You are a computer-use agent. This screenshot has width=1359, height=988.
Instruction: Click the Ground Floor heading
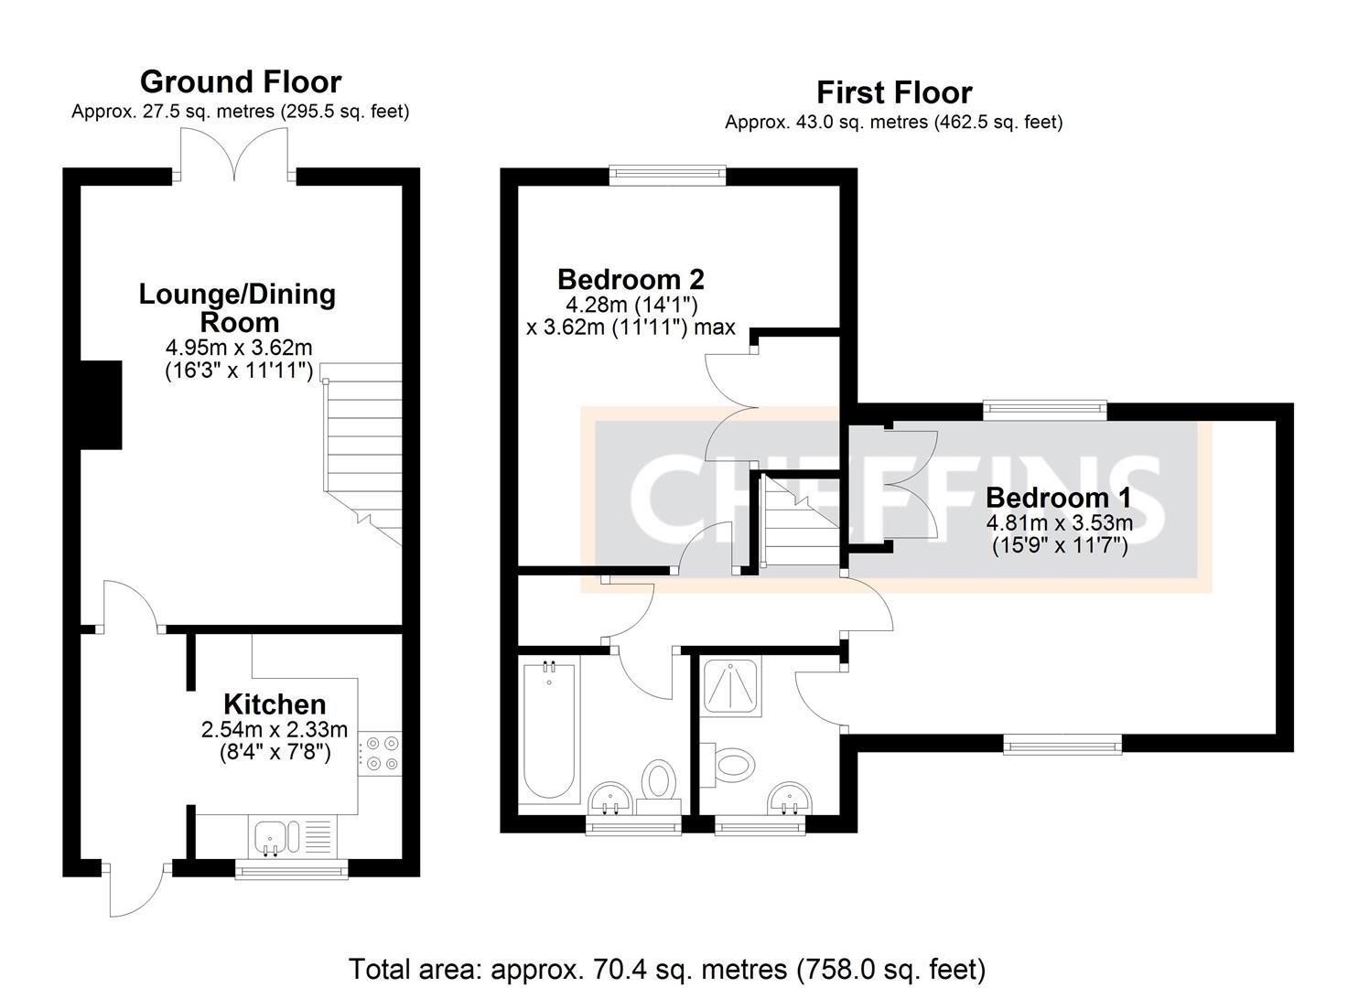click(x=241, y=82)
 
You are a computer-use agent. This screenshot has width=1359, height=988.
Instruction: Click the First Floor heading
click(x=894, y=92)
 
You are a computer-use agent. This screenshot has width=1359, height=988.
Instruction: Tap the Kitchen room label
click(x=275, y=704)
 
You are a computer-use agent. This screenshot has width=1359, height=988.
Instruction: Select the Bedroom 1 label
click(x=1058, y=499)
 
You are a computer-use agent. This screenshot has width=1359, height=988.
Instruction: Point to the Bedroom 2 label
click(x=631, y=279)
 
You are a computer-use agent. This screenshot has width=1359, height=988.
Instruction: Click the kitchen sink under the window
click(x=275, y=836)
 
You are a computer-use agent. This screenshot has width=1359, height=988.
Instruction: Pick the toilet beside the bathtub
click(x=658, y=785)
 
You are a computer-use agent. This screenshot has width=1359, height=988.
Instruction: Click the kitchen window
click(x=292, y=870)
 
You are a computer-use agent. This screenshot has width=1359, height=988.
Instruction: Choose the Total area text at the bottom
click(x=667, y=969)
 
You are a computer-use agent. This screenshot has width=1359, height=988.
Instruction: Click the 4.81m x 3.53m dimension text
click(x=1058, y=524)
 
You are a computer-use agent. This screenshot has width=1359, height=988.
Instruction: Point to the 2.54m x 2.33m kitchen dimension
click(x=275, y=730)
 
